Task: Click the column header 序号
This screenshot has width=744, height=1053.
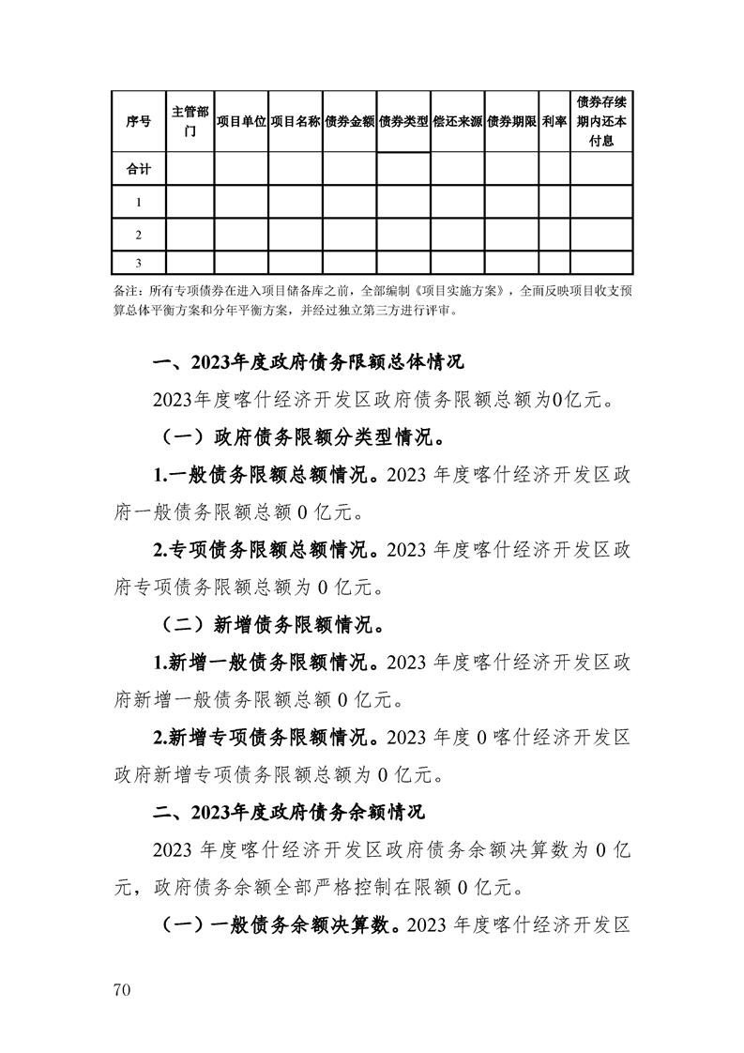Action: tap(138, 122)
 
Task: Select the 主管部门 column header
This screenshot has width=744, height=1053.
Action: tap(190, 122)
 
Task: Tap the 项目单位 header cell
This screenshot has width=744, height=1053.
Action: tap(241, 122)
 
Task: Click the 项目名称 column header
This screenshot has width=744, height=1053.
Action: tap(296, 122)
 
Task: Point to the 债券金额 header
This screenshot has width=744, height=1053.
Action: tap(349, 122)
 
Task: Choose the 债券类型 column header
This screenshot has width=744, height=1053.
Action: tap(403, 122)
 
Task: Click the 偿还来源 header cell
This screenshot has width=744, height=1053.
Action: tap(457, 122)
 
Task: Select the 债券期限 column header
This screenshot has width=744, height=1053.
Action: tap(511, 122)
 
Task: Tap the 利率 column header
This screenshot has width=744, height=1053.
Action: tap(554, 122)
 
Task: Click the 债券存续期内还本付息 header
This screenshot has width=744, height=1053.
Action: tap(601, 122)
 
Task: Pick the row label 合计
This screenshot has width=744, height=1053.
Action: tap(138, 170)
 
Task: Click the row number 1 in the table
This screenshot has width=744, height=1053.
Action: tap(138, 202)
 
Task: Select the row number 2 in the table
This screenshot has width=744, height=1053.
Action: tap(138, 235)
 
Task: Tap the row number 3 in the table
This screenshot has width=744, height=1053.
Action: tap(138, 263)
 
